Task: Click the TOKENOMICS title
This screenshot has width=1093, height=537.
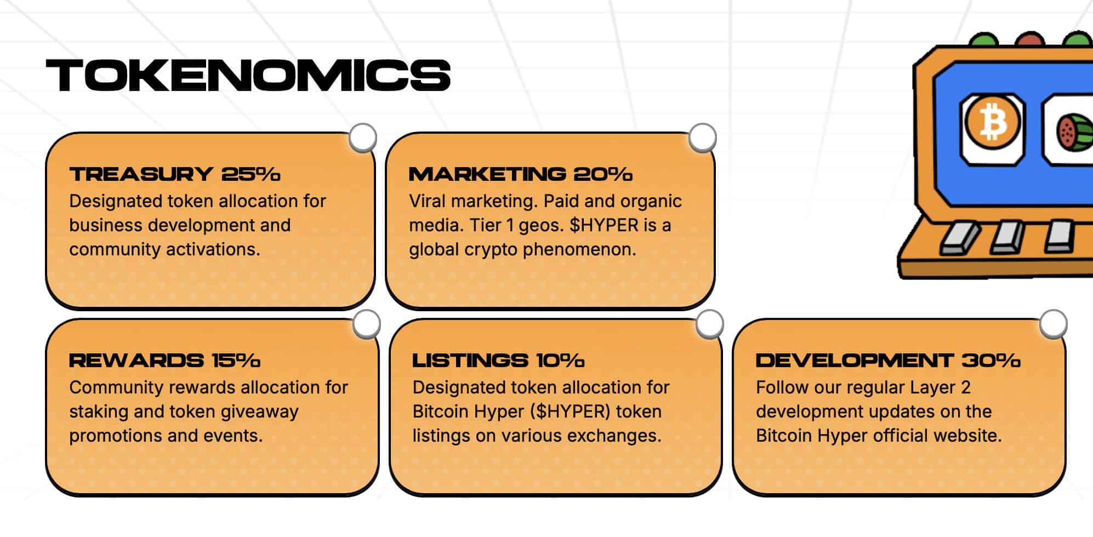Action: point(248,75)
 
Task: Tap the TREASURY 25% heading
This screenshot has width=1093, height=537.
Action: point(175,174)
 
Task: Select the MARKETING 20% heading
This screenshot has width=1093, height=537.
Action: point(521,174)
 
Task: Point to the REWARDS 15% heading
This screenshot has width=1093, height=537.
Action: point(165,361)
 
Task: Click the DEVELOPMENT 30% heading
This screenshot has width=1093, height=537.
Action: point(888,361)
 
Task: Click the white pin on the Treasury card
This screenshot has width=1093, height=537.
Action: point(363,138)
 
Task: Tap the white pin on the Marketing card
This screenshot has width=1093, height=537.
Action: point(703,138)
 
